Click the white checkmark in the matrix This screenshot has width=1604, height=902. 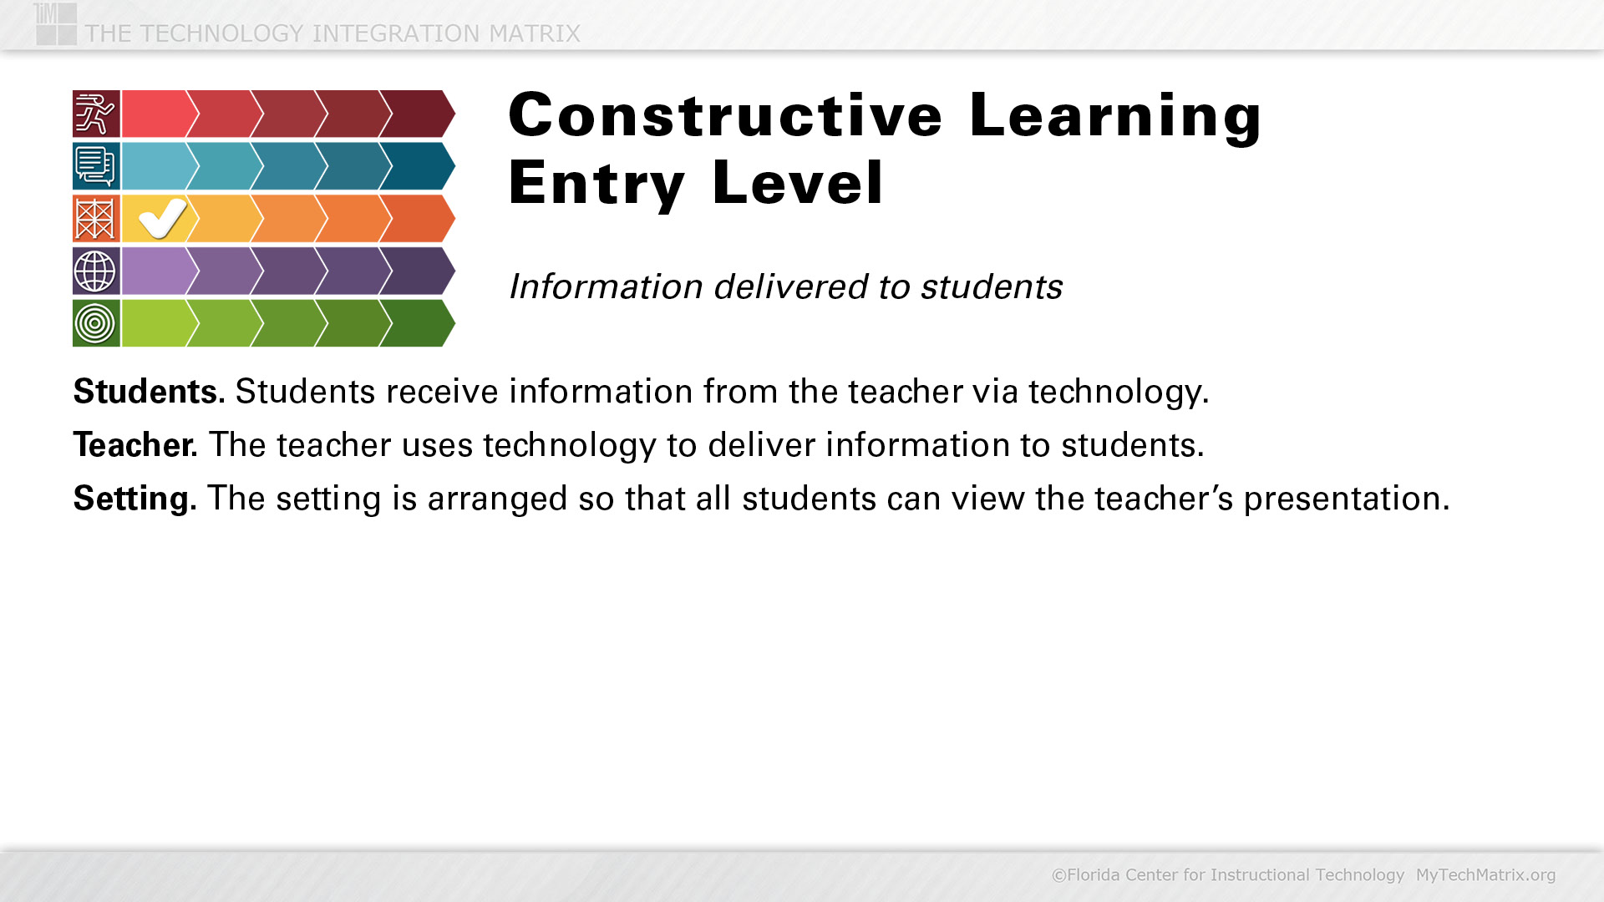coord(163,218)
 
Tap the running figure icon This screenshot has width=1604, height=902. coord(96,114)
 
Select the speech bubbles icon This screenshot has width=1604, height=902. coord(96,166)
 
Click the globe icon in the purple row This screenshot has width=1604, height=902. coord(96,271)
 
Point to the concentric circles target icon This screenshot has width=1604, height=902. coord(96,323)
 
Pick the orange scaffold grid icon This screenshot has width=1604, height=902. coord(96,219)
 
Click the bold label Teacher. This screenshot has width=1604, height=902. coord(135,444)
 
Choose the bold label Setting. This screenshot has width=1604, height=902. coord(135,499)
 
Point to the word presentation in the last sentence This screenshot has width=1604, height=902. coord(1347,499)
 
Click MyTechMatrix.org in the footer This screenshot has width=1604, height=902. coord(1485,874)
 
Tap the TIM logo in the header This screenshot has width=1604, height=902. coord(56,23)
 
